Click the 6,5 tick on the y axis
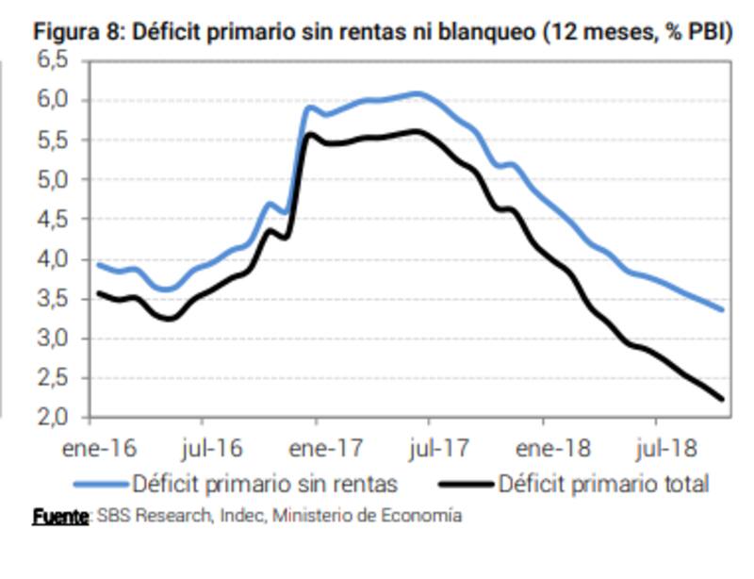coord(54,61)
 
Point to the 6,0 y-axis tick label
coord(54,100)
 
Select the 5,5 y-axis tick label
coord(54,141)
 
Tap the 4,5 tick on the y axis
coord(54,220)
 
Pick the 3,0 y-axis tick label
coord(54,339)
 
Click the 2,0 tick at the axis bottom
coord(54,418)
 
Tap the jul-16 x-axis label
coord(209,446)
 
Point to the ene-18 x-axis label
coord(544,446)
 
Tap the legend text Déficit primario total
coord(603,485)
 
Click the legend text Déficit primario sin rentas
coord(265,485)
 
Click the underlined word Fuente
coord(59,516)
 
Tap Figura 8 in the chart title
coord(77,31)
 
